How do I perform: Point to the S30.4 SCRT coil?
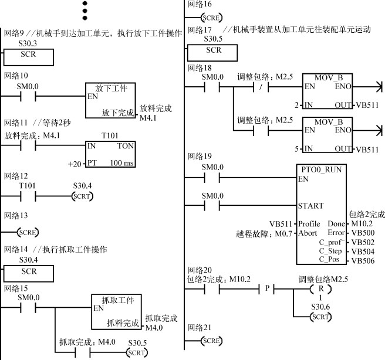point(82,196)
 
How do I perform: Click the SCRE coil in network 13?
point(28,232)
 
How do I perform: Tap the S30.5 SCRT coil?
point(137,353)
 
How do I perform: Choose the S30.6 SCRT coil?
point(320,317)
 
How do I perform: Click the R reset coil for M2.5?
point(320,289)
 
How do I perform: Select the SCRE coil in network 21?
point(211,341)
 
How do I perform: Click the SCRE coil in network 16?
point(211,18)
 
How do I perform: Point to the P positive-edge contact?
point(267,288)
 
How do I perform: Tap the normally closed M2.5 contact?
point(261,87)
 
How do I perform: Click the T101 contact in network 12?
point(28,196)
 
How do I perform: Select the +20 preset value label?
point(75,164)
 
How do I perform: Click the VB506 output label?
point(363,261)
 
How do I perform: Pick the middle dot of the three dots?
point(85,11)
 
